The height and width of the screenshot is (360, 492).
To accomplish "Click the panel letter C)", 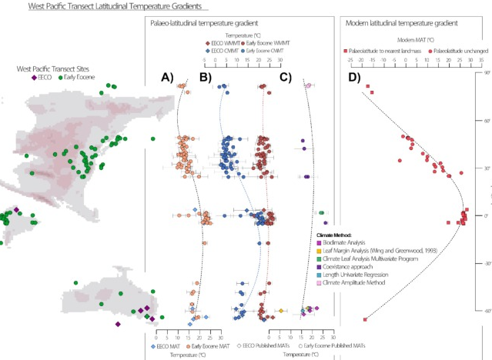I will pos(285,77).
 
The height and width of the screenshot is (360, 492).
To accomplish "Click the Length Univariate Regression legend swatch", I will pos(320,275).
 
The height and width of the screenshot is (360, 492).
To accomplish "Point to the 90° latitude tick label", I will pos(487,73).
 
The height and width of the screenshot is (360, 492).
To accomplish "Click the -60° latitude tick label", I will pos(486,311).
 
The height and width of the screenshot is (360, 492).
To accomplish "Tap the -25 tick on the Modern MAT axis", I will pos(350,59).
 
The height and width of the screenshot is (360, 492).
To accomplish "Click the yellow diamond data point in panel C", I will pos(281,311).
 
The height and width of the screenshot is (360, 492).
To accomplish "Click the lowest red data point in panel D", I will pos(365,318).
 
